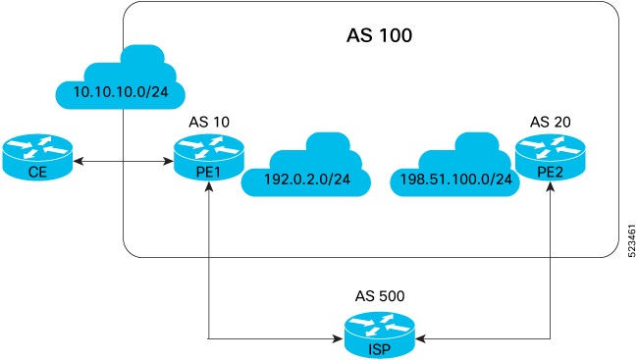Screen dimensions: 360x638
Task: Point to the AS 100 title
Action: tap(379, 36)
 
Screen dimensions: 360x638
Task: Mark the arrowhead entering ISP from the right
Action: tap(420, 340)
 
